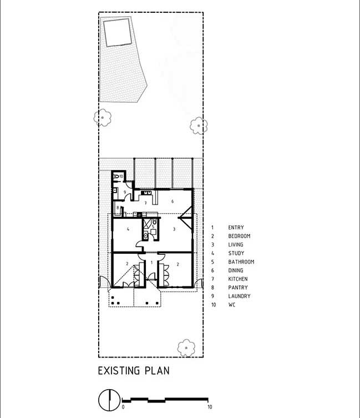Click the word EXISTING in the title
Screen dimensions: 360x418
pyautogui.click(x=119, y=371)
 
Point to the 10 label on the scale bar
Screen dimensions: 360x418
pyautogui.click(x=210, y=407)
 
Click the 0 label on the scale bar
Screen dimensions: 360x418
pyautogui.click(x=123, y=407)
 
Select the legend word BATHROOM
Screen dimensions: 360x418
pyautogui.click(x=241, y=262)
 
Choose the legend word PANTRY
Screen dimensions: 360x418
pyautogui.click(x=238, y=288)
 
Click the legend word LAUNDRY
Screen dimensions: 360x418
pyautogui.click(x=239, y=296)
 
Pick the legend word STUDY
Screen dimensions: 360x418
pyautogui.click(x=236, y=253)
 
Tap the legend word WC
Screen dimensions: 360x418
pyautogui.click(x=232, y=304)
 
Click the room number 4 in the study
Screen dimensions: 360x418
pyautogui.click(x=128, y=229)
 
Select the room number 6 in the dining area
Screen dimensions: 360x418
pyautogui.click(x=173, y=202)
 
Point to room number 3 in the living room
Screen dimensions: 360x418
pyautogui.click(x=174, y=229)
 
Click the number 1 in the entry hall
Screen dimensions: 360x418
pyautogui.click(x=151, y=263)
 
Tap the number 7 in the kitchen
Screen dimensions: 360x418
pyautogui.click(x=145, y=203)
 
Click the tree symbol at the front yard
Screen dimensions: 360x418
pyautogui.click(x=186, y=348)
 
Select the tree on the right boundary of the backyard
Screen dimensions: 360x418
pyautogui.click(x=199, y=125)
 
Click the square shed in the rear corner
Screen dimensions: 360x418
pyautogui.click(x=118, y=33)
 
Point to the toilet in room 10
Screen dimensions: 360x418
pyautogui.click(x=116, y=176)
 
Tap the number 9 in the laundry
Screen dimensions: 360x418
pyautogui.click(x=124, y=192)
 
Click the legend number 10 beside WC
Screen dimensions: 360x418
pyautogui.click(x=214, y=304)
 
